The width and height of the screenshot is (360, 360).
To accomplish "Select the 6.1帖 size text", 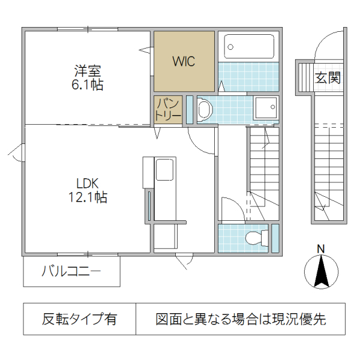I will [88, 85].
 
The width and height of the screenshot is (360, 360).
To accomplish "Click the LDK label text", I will [87, 183].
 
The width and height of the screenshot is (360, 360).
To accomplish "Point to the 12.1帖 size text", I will [87, 197].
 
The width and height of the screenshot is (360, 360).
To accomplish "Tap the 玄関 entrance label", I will [328, 77].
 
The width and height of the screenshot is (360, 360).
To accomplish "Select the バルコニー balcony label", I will [71, 272].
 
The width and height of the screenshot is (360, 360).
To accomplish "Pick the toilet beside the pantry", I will [205, 109].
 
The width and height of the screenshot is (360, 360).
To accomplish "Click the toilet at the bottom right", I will [258, 238].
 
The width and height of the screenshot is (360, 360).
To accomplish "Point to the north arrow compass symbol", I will [321, 272].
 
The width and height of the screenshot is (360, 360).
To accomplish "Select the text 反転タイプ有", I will [80, 319].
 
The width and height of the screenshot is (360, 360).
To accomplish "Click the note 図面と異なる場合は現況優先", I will [241, 319].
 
